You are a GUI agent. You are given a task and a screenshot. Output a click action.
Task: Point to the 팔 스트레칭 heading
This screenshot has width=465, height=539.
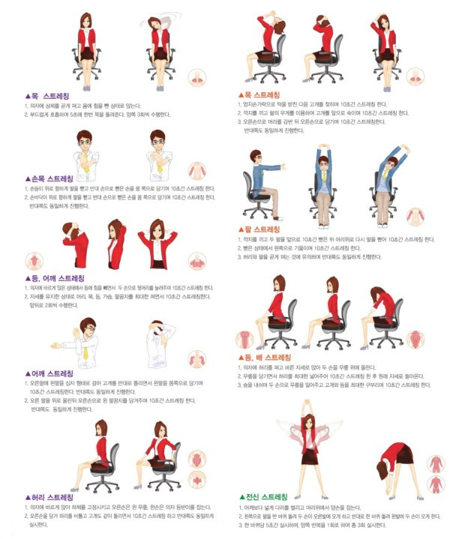259,229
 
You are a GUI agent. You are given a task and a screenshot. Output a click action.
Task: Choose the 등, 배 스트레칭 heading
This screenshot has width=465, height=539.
263,358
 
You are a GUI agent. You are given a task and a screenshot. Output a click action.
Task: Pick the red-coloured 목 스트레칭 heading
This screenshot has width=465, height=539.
259,95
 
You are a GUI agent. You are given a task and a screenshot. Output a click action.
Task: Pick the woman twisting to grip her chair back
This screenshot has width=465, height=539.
160,454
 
